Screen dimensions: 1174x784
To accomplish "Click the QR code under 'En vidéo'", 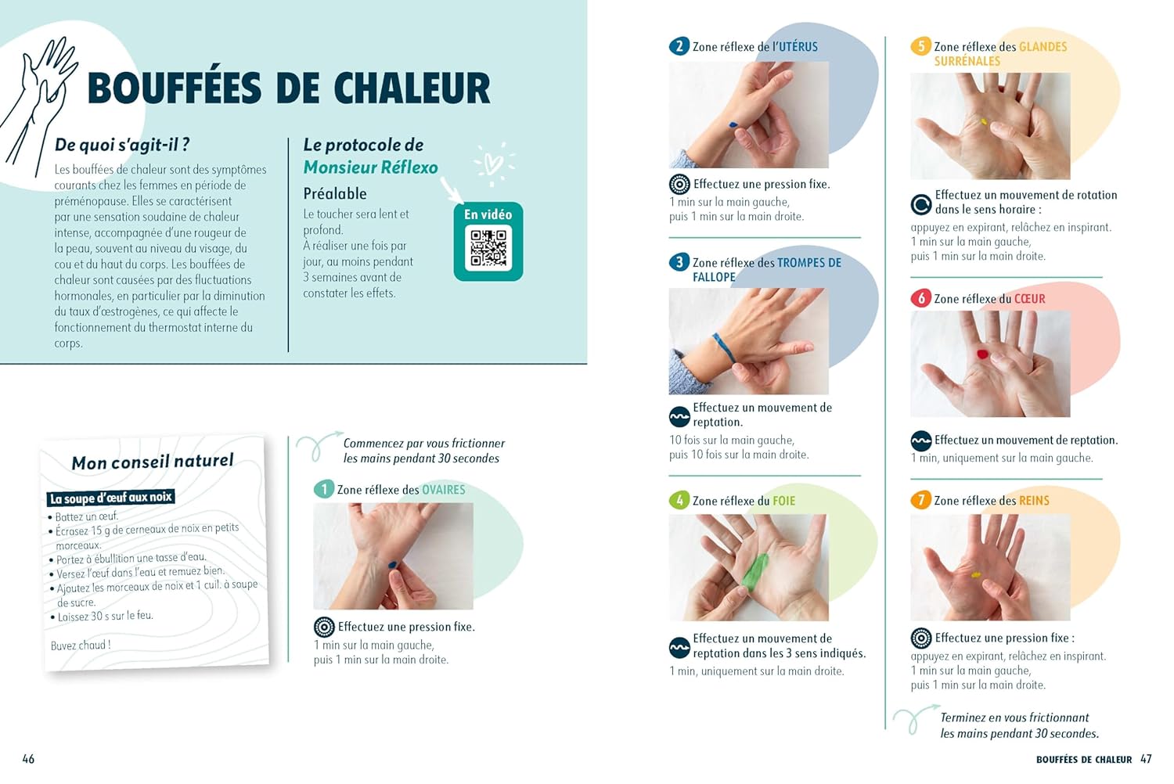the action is point(488,248).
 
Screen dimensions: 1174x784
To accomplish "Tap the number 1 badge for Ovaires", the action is point(324,490).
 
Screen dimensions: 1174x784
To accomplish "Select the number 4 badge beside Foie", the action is point(679,501).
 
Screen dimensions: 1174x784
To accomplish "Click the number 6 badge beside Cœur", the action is point(921,298).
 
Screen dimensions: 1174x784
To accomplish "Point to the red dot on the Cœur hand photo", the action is point(983,354).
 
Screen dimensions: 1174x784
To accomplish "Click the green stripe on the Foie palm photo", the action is point(754,572).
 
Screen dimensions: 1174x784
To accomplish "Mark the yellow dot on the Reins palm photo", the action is point(976,575).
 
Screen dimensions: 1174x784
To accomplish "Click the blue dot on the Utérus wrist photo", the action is point(733,124).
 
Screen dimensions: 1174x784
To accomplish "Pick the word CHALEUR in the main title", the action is point(412,88).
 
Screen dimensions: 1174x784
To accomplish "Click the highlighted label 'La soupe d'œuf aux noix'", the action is point(110,498).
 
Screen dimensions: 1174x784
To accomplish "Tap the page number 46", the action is point(28,759).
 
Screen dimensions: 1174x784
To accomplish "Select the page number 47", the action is point(1147,759).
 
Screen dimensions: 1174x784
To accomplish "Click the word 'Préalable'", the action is point(335,193).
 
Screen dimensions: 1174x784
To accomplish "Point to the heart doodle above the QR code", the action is point(492,164).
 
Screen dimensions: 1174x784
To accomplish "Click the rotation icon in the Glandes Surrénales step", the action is point(921,204).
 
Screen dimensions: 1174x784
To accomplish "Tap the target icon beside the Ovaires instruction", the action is point(324,627).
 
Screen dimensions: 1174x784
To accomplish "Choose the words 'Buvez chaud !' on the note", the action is point(81,646).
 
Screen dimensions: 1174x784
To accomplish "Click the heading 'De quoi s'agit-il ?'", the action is point(122,145).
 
